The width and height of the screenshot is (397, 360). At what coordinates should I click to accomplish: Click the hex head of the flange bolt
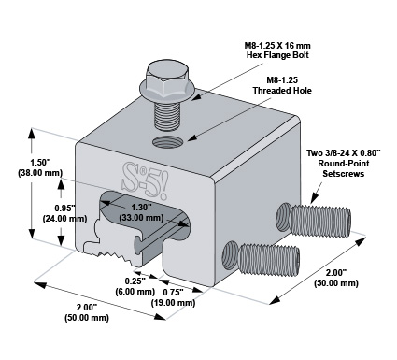pos(167,77)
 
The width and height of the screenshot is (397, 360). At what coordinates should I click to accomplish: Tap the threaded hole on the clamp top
pos(167,143)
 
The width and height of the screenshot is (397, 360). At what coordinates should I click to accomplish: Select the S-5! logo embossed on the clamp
pos(145,180)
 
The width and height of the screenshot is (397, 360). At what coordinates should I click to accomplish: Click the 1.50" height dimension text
pos(40,163)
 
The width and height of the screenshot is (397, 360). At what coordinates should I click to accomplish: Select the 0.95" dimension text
pos(64,208)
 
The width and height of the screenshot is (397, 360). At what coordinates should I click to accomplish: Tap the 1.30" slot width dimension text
pos(141,207)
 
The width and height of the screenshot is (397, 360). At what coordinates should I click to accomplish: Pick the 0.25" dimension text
pos(135,281)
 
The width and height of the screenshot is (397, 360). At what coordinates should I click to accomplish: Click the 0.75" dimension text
pos(173,292)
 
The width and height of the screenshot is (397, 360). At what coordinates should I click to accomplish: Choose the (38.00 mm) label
pos(40,173)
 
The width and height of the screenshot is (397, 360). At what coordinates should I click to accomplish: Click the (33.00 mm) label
pos(141,217)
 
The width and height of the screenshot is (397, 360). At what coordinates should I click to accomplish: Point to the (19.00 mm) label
pos(173,302)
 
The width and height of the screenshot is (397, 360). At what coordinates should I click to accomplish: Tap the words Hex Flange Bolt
pos(277,55)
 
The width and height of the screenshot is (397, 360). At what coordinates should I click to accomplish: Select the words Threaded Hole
pos(282,91)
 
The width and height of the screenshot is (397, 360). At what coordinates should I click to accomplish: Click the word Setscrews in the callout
pos(344,174)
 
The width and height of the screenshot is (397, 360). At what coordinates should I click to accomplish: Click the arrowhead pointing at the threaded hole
pos(191,137)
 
